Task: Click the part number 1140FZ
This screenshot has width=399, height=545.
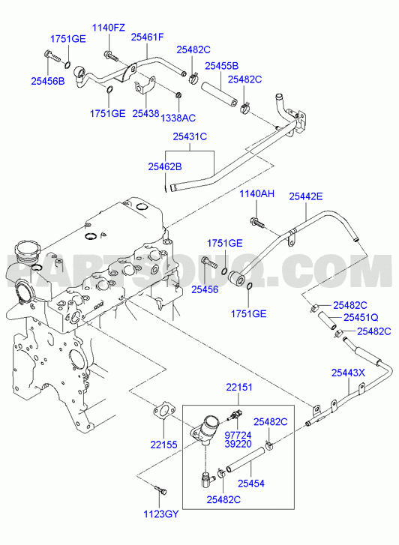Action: tap(108, 28)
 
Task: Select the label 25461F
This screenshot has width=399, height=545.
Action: tap(147, 37)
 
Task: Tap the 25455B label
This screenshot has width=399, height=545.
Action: tap(221, 66)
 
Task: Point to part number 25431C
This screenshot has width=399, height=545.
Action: tap(190, 137)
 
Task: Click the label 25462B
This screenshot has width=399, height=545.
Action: tap(165, 167)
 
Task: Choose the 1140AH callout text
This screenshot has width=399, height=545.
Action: tap(256, 194)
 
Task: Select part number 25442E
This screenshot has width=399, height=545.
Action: tap(306, 196)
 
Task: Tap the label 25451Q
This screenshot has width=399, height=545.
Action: tap(361, 318)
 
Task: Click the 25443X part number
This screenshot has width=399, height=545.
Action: tap(348, 373)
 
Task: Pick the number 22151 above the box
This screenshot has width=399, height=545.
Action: tap(239, 388)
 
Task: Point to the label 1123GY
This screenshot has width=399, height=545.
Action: tap(161, 514)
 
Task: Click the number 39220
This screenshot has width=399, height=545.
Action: tap(238, 444)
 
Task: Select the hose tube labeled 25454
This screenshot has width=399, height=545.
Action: tap(245, 460)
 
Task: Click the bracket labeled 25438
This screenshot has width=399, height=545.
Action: tap(144, 85)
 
